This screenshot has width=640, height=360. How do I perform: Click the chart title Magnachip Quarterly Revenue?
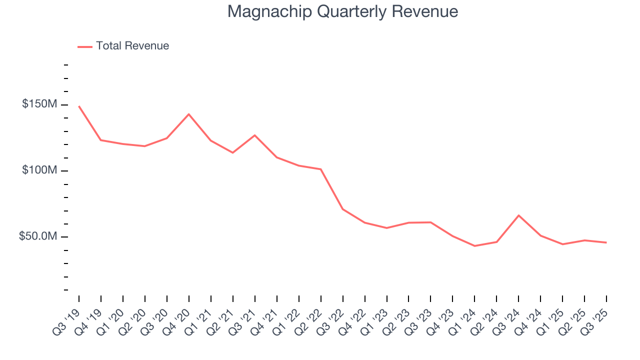342,11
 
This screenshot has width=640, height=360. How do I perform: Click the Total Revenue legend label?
132,46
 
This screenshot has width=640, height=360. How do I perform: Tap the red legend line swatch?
85,46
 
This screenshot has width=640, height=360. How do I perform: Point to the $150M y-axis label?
39,104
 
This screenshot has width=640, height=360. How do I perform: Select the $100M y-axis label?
39,170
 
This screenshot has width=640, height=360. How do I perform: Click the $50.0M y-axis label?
37,236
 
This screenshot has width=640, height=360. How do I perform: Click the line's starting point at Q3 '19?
79,106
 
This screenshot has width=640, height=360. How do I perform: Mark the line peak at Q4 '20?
189,114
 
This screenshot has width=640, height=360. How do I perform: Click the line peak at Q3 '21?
255,135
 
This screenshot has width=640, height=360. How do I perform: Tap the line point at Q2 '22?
321,169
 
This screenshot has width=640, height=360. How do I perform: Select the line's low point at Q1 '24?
474,246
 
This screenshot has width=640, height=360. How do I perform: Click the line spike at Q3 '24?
518,215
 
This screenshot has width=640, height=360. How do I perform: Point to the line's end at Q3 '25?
606,242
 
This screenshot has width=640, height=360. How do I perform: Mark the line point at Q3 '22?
343,209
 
